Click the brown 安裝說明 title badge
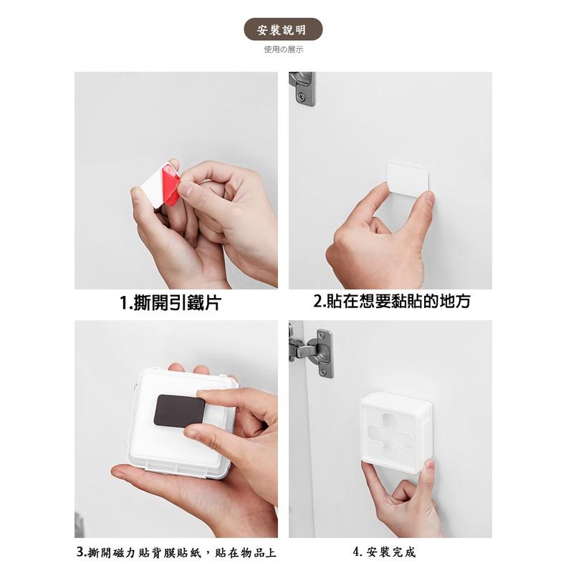click(x=284, y=29)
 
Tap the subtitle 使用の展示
click(x=284, y=49)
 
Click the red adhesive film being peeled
click(x=171, y=184)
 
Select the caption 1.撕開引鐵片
click(x=170, y=302)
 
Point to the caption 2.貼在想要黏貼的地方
click(x=392, y=301)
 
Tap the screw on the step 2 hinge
click(x=302, y=97)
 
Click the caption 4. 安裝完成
click(x=384, y=552)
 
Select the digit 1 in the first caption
click(x=124, y=302)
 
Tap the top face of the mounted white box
click(x=395, y=400)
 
